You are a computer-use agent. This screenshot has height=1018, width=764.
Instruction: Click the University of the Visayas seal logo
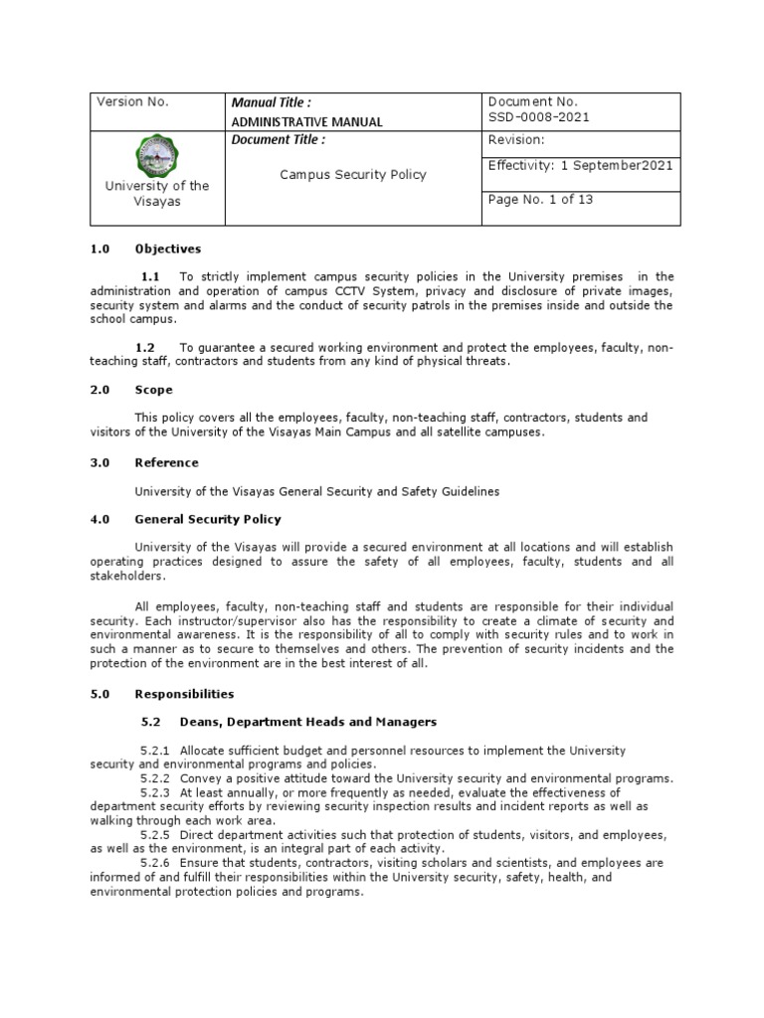point(157,155)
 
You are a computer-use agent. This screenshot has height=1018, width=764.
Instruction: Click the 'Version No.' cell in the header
point(132,102)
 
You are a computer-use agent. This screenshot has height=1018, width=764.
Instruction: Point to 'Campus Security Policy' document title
point(352,174)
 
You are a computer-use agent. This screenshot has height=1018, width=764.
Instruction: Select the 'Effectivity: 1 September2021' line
point(580,165)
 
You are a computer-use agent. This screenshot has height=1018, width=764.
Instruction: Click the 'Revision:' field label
point(516,140)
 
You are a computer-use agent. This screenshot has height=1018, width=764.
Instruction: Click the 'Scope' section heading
point(153,390)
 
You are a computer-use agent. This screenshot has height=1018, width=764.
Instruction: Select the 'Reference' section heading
point(166,462)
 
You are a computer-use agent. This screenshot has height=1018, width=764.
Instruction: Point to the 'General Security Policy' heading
point(208,519)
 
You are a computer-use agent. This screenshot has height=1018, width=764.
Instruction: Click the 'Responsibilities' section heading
point(184,693)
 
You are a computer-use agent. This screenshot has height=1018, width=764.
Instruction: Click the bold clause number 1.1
point(150,276)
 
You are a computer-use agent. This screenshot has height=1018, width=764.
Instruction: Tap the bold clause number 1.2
point(146,347)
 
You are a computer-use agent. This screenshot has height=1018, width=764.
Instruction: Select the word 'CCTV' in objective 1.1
point(377,290)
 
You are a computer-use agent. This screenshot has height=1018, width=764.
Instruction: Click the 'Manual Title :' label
point(271,102)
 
